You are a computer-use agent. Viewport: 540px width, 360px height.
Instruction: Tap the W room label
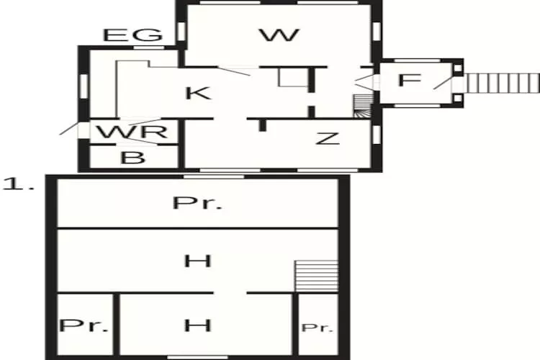tap(279, 35)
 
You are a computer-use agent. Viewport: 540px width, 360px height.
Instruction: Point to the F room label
tap(408, 80)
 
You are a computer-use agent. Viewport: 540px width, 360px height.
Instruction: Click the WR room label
tap(133, 132)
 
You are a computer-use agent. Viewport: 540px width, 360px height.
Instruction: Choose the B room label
tap(132, 158)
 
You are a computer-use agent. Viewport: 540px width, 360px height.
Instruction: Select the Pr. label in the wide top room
tap(197, 203)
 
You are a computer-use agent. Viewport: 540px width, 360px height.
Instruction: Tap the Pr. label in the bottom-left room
tap(84, 325)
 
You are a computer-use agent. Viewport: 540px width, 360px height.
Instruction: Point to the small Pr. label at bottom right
tap(318, 328)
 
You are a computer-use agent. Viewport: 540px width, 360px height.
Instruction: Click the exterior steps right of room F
tap(502, 82)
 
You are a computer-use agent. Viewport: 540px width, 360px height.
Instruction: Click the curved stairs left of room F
tap(364, 107)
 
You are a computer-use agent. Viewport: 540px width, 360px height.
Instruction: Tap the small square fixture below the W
tap(290, 78)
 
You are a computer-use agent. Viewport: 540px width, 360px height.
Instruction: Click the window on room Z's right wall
tap(379, 135)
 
